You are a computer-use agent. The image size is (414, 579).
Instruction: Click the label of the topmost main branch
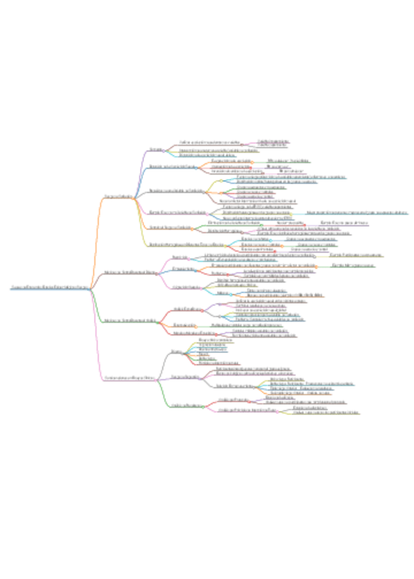pyautogui.click(x=118, y=197)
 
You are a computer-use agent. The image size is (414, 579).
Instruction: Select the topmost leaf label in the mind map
pyautogui.click(x=273, y=141)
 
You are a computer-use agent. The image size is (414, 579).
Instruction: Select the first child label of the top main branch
pyautogui.click(x=156, y=149)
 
